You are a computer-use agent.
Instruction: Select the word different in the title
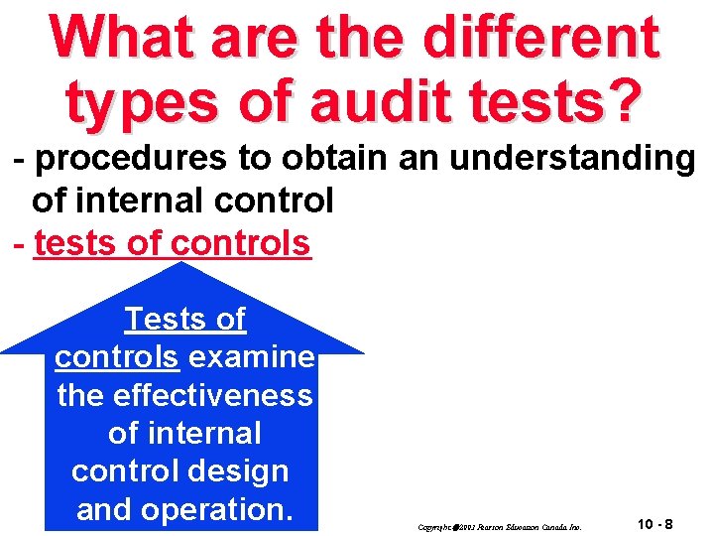pyautogui.click(x=539, y=37)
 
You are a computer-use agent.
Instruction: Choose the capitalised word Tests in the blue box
pyautogui.click(x=159, y=320)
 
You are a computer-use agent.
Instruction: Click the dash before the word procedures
pyautogui.click(x=17, y=160)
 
